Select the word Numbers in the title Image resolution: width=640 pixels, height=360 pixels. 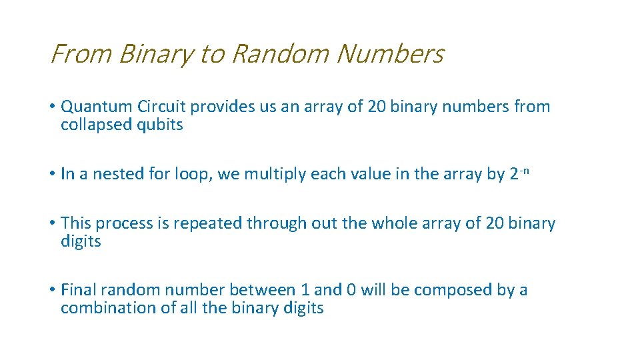point(391,54)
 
